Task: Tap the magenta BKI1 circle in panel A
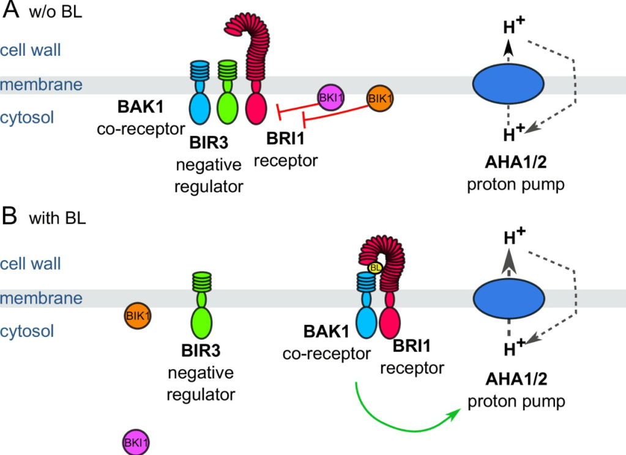click(331, 97)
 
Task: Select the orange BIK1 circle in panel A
click(380, 98)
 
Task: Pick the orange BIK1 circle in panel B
click(138, 316)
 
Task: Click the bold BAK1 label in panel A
click(140, 108)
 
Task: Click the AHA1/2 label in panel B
click(515, 381)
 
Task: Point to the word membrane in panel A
click(41, 84)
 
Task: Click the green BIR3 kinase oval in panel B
click(203, 322)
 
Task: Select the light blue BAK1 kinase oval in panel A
click(199, 107)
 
